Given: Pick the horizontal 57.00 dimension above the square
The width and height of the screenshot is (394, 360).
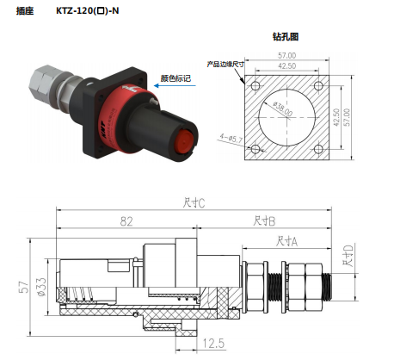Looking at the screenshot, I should (287, 54).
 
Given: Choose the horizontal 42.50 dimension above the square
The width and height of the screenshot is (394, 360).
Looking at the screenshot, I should (287, 65).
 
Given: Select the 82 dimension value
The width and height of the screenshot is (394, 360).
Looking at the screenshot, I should (126, 220).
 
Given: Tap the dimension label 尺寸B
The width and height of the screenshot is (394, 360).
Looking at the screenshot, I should (263, 220).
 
